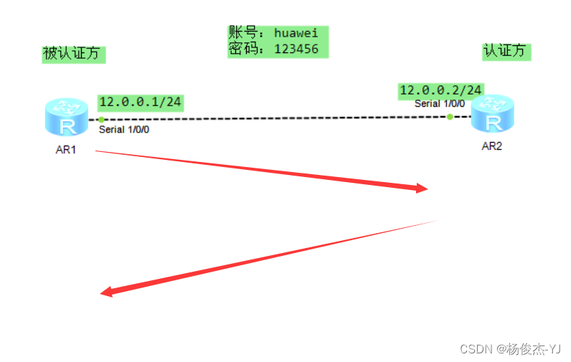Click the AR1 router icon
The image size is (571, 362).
click(x=65, y=118)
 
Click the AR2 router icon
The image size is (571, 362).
click(x=494, y=114)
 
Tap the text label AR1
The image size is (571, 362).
click(x=66, y=150)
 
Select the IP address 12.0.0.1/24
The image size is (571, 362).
click(x=141, y=102)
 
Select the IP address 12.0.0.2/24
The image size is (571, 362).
click(x=440, y=90)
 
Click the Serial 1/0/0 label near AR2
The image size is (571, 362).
click(x=439, y=104)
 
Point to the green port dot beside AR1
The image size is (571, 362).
click(x=102, y=119)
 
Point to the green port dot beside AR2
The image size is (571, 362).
click(x=450, y=116)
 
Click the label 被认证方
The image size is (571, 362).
click(x=72, y=54)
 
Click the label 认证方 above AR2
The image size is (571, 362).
click(x=506, y=51)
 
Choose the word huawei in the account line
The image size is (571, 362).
click(x=296, y=34)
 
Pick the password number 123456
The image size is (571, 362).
click(x=296, y=49)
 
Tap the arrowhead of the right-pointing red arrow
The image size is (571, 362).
click(x=421, y=189)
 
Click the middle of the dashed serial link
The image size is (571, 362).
click(x=276, y=118)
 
